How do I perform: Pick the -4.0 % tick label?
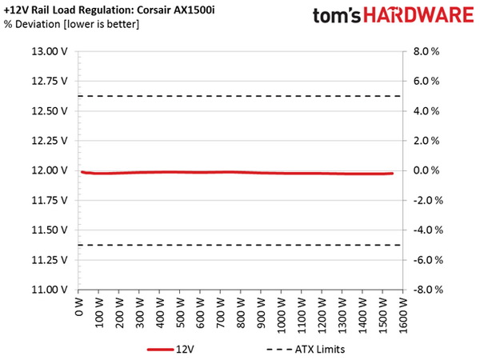click(430, 230)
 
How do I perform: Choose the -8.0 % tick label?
click(430, 289)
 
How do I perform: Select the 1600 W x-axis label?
click(403, 311)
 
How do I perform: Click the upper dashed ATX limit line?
click(240, 96)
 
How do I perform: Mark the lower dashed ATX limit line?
click(240, 245)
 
